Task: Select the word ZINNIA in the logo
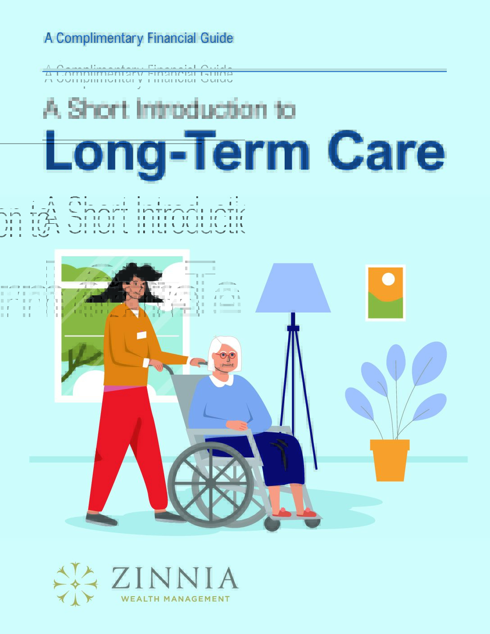pyautogui.click(x=174, y=579)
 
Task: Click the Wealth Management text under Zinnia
pyautogui.click(x=175, y=599)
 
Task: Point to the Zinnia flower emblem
pyautogui.click(x=76, y=584)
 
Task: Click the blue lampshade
pyautogui.click(x=293, y=289)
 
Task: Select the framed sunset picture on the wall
pyautogui.click(x=386, y=293)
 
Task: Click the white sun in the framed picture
pyautogui.click(x=388, y=280)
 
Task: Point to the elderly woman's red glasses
pyautogui.click(x=225, y=356)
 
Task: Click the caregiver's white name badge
pyautogui.click(x=142, y=335)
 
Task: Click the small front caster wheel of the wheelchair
pyautogui.click(x=272, y=524)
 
